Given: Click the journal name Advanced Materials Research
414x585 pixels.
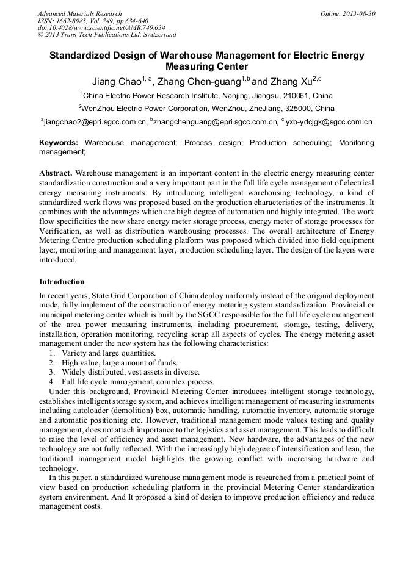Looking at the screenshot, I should (x=80, y=13).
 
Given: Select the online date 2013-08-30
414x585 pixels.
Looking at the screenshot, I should (x=358, y=13).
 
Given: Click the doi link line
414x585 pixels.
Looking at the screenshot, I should (x=101, y=28).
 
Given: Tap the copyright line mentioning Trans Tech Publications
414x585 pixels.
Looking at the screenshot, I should (x=107, y=35).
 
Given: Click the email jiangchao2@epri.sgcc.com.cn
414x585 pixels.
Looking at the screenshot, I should (x=95, y=122).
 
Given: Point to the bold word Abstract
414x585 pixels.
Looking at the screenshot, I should (x=56, y=173).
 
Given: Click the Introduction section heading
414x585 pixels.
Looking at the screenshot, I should (x=62, y=282).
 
